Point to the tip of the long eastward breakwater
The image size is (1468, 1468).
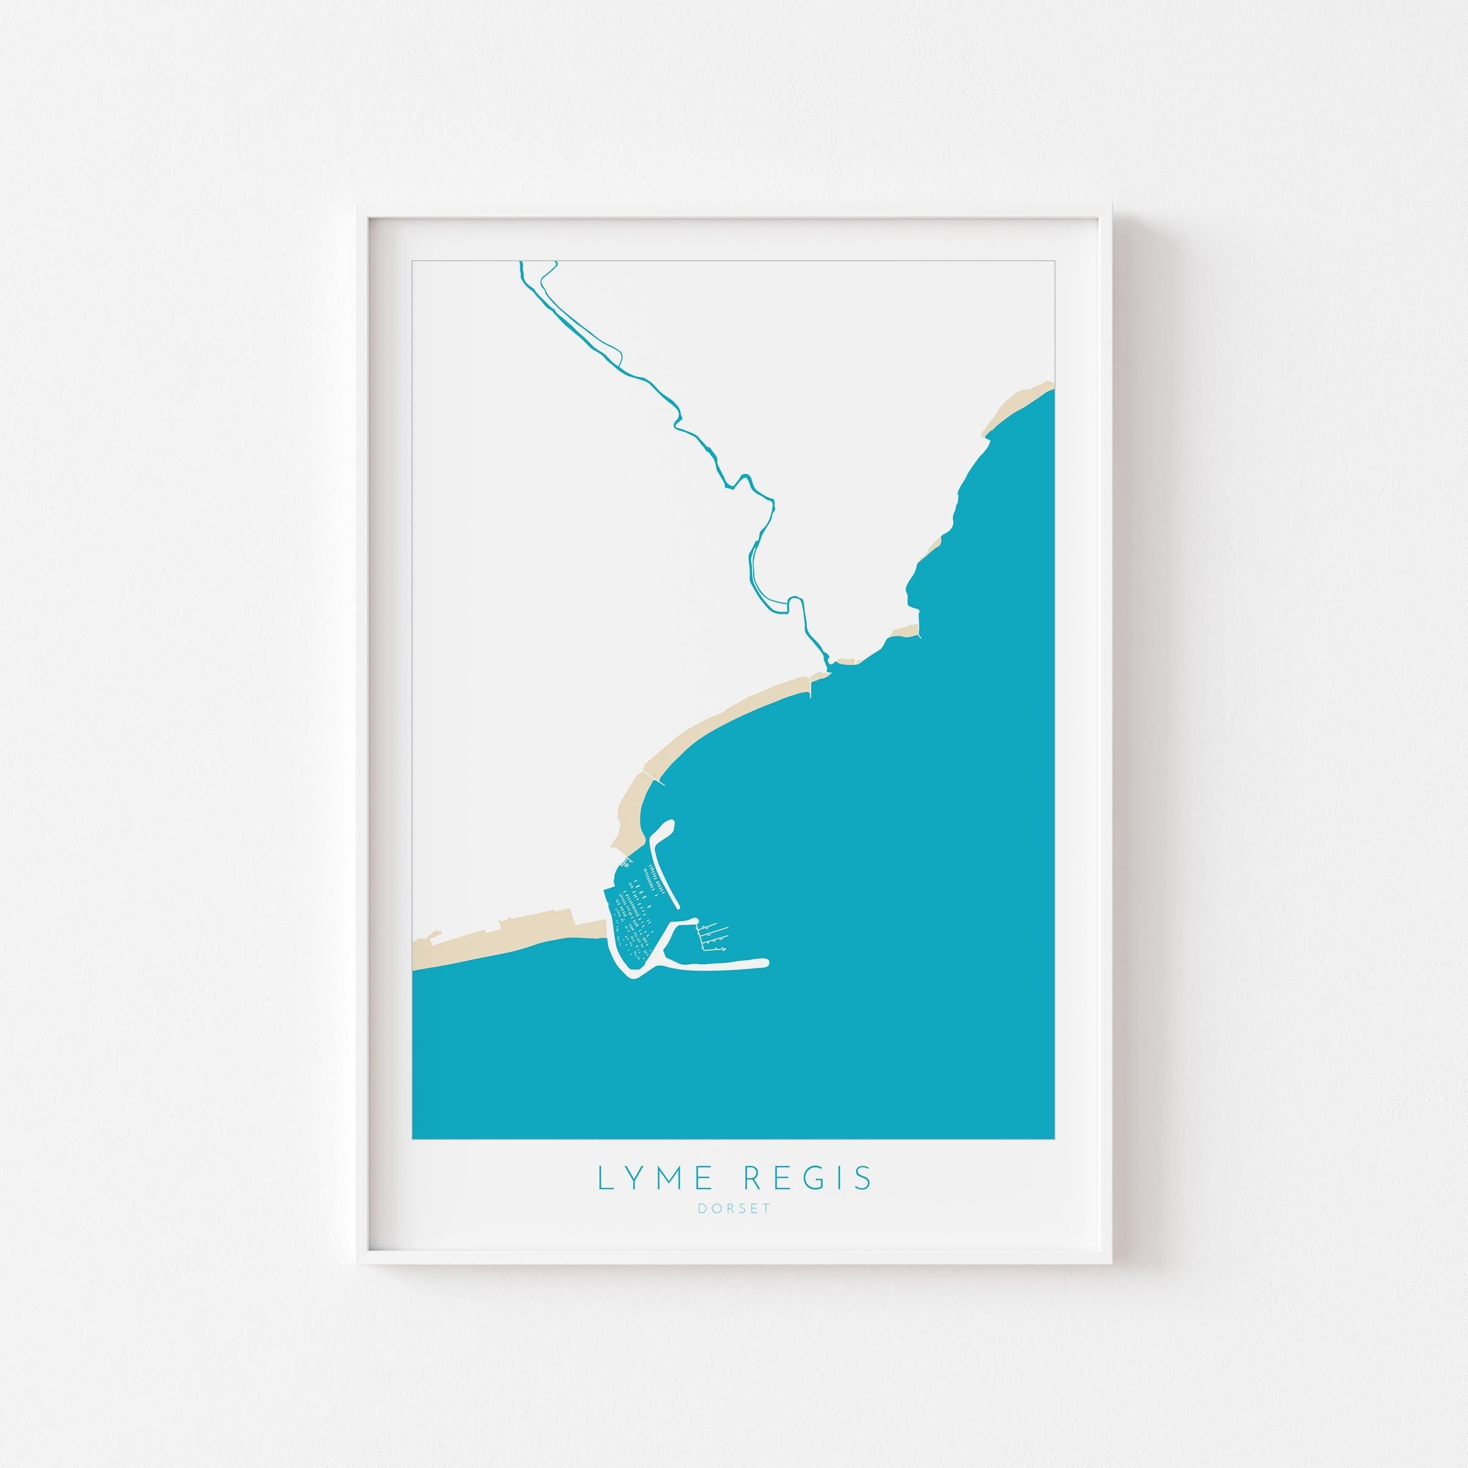coord(765,963)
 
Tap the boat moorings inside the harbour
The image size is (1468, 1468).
coord(635,912)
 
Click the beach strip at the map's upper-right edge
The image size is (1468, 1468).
coord(1018,404)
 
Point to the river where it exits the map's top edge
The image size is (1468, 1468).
coord(522,264)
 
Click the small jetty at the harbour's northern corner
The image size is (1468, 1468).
coord(626,860)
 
